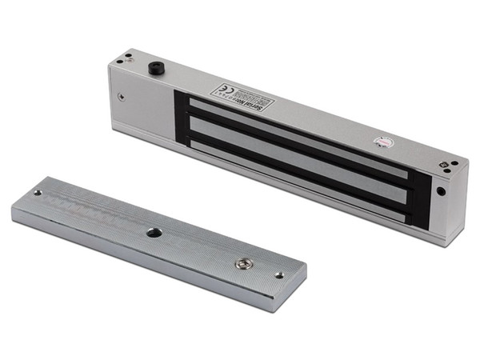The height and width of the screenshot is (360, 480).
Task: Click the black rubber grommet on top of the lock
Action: (x=154, y=68)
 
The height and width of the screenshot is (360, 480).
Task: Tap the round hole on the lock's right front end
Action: (x=440, y=192)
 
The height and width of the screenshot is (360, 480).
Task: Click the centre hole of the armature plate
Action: (x=154, y=232)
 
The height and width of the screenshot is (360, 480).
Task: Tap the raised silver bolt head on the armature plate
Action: (x=242, y=262)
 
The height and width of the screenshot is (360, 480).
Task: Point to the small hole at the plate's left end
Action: (x=37, y=193)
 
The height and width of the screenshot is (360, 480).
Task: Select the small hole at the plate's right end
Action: (x=278, y=274)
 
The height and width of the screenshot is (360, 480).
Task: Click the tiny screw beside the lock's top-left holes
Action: (x=128, y=56)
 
